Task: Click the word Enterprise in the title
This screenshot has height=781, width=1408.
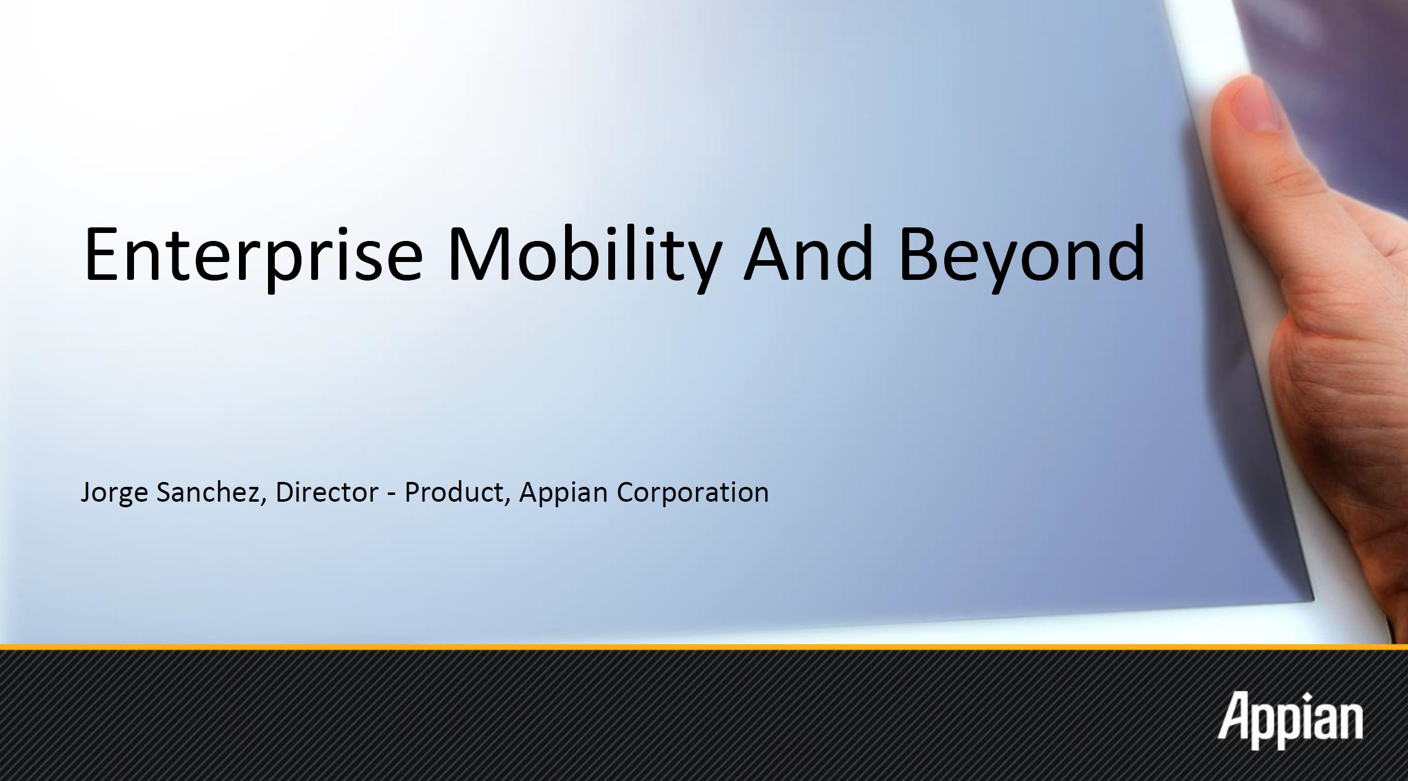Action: [253, 255]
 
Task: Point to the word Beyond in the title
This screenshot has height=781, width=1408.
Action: [1022, 255]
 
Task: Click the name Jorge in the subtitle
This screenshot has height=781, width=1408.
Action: [114, 493]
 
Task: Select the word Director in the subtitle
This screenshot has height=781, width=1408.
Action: [327, 491]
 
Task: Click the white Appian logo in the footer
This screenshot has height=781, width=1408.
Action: [1290, 720]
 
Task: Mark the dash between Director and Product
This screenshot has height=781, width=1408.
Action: [392, 494]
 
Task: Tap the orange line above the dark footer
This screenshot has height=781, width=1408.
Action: [704, 648]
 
